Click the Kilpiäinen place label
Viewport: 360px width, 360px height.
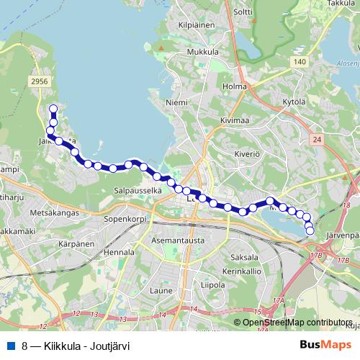point(199,24)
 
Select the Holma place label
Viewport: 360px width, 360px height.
point(234,87)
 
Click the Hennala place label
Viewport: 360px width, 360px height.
point(119,253)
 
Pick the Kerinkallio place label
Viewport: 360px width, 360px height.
point(240,271)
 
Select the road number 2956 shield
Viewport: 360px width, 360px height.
point(40,82)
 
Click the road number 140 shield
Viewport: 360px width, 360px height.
point(300,63)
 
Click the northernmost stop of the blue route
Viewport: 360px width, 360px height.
point(53,109)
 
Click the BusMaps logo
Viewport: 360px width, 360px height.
point(325,345)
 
